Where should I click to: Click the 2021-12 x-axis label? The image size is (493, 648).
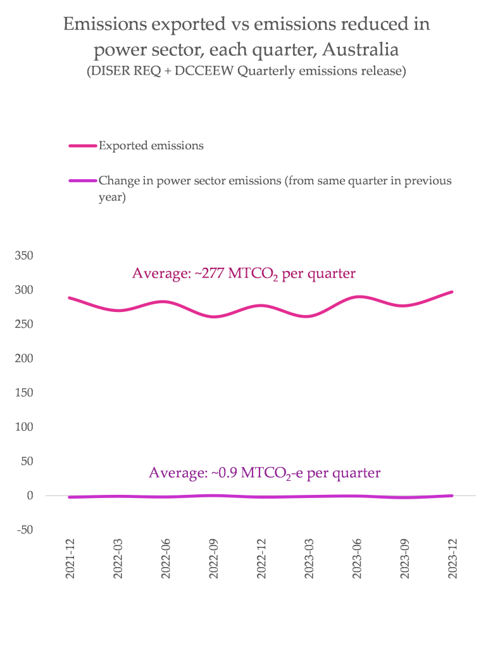pos(71,559)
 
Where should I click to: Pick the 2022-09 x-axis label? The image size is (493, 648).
pos(214,559)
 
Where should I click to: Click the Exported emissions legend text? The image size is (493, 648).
pos(151,146)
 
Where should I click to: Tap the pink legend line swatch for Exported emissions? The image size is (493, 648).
pos(82,146)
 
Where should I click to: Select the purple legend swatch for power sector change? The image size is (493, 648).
pos(82,181)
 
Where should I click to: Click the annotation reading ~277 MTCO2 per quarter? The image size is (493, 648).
pos(244,274)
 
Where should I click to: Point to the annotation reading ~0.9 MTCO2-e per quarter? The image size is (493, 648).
pos(265,473)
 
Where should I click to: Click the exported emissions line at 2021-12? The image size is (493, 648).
pos(70,297)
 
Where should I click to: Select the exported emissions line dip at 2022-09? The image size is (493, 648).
pos(214,316)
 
